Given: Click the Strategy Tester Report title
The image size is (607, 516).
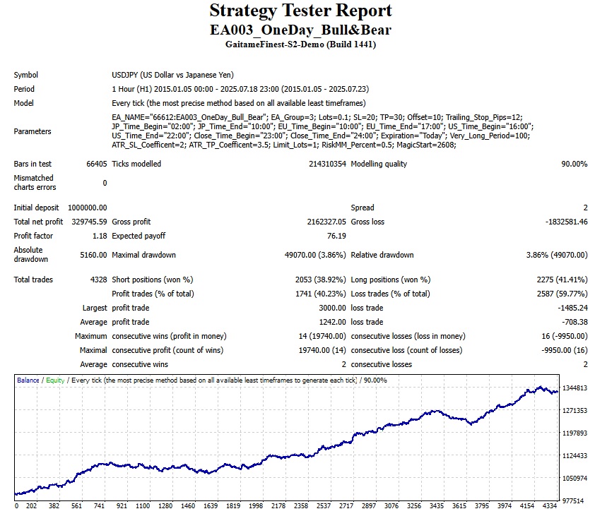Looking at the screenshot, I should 300,11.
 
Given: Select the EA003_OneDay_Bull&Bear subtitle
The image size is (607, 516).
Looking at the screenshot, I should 300,30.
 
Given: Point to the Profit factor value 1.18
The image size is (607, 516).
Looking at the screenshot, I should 100,236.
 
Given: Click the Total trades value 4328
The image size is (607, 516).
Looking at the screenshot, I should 98,280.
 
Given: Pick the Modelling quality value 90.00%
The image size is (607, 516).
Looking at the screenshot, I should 574,164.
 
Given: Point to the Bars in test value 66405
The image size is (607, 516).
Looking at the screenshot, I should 96,164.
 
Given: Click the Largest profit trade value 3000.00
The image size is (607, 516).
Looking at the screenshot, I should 332,308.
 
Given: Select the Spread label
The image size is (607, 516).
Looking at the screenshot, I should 363,208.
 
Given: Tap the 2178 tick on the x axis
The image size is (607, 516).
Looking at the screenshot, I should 278,505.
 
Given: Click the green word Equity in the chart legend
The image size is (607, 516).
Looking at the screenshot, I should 55,380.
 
